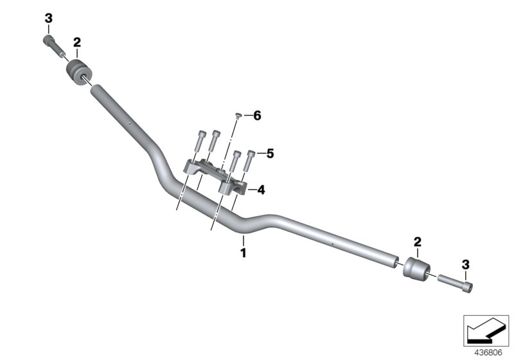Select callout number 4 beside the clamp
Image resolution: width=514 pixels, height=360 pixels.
click(261, 190)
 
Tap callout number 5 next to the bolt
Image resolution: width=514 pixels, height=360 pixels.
click(270, 154)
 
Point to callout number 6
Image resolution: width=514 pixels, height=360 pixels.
click(257, 116)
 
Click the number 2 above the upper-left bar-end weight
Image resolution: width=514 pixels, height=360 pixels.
click(77, 42)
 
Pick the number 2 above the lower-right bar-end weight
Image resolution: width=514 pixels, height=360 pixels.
click(417, 242)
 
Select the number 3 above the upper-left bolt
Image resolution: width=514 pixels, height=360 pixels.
click(48, 19)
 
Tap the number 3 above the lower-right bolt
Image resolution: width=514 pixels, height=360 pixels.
click(466, 264)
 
